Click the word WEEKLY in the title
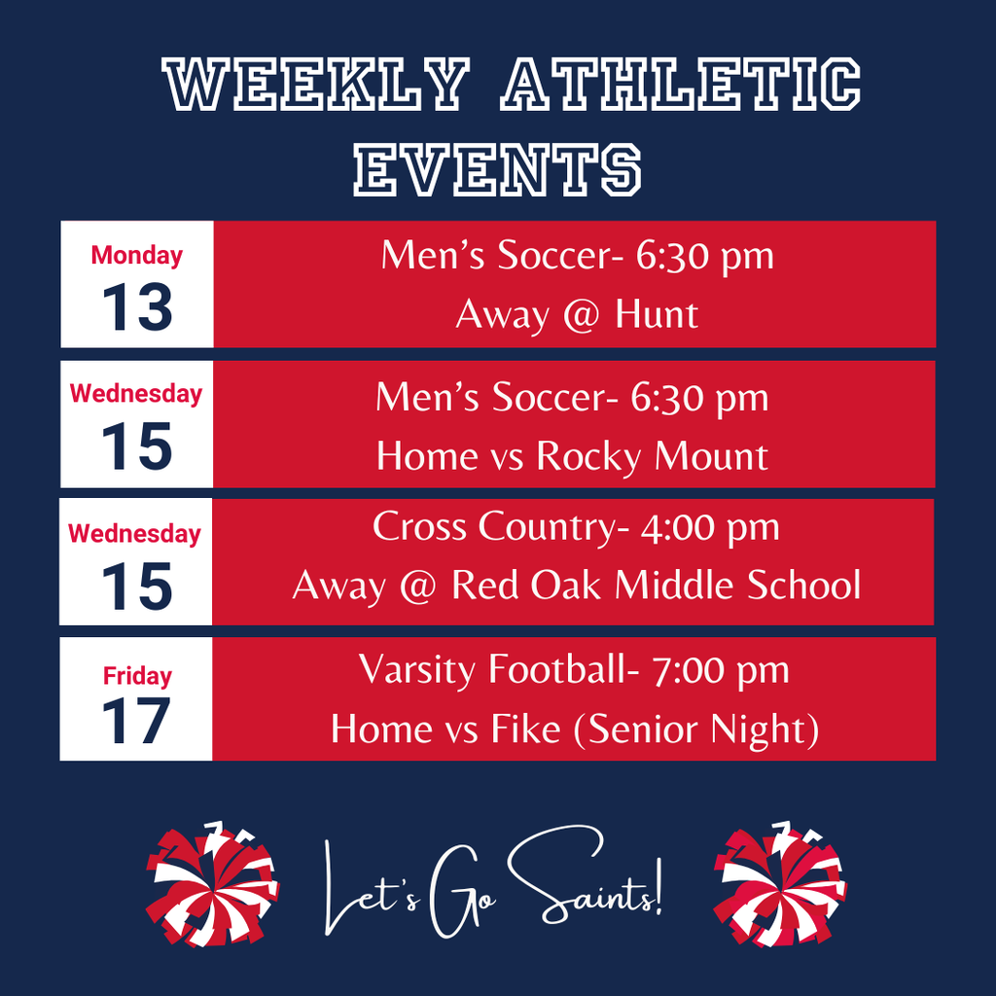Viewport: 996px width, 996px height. [316, 86]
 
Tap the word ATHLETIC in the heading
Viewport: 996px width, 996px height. [680, 86]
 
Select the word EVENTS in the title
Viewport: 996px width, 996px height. [497, 169]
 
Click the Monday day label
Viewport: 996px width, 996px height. [136, 256]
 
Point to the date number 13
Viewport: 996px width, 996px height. [137, 307]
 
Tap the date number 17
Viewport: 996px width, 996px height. [136, 721]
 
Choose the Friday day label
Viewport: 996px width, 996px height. [137, 676]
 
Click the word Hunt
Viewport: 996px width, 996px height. [657, 314]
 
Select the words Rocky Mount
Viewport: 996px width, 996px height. [652, 457]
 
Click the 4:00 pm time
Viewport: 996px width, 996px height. [709, 528]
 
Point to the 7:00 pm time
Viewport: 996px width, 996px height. [721, 670]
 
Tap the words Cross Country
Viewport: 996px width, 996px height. [493, 527]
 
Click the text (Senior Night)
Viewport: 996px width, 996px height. [695, 729]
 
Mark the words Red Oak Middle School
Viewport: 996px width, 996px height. [657, 585]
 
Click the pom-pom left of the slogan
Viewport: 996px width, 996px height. [212, 883]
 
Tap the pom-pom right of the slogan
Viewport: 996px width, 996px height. [780, 883]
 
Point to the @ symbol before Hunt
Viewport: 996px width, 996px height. [582, 316]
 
